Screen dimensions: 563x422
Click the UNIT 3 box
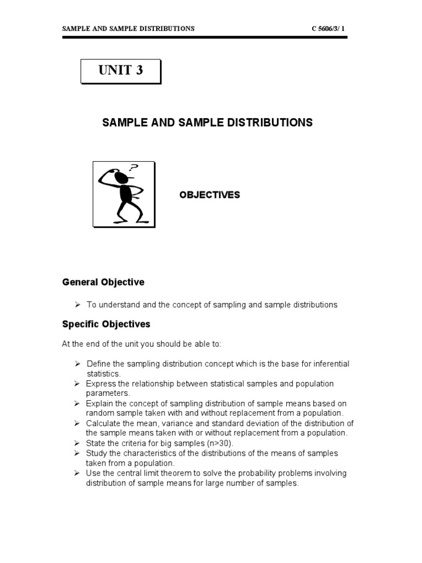[x=121, y=71]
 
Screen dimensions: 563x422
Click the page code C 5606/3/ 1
[x=329, y=29]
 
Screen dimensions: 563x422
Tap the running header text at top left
[x=128, y=29]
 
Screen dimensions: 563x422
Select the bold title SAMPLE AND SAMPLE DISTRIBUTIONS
[x=207, y=123]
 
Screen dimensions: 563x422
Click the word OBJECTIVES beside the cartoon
[x=209, y=195]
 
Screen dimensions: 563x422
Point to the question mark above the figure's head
[x=134, y=168]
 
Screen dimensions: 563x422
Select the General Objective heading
[x=103, y=282]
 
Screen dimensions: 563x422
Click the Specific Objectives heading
[x=106, y=324]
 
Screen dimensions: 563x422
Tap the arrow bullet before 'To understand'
[x=77, y=304]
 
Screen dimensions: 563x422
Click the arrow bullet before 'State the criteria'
[x=77, y=443]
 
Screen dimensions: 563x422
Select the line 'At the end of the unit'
[x=142, y=344]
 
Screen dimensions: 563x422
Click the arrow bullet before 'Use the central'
[x=77, y=473]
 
